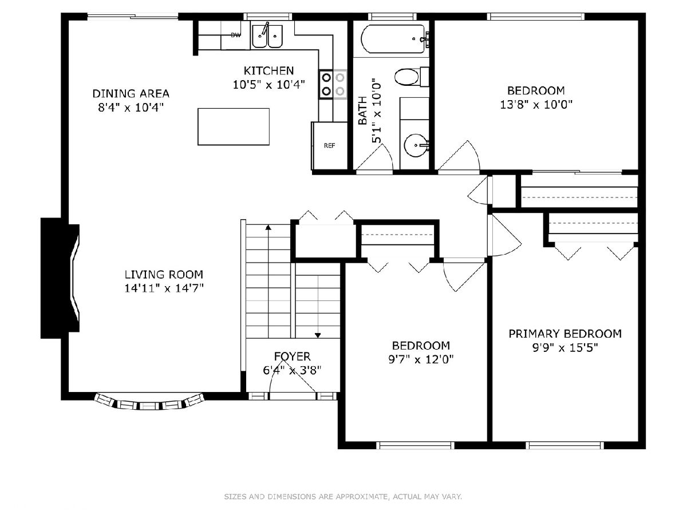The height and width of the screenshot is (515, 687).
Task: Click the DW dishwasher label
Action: click(236, 35)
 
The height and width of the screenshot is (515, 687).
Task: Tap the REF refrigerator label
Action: click(329, 146)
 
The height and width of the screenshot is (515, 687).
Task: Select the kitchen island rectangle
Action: click(234, 126)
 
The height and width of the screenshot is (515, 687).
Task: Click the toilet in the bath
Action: click(411, 77)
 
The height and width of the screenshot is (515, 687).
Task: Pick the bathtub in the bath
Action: click(394, 39)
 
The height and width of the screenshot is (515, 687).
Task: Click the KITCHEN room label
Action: click(269, 71)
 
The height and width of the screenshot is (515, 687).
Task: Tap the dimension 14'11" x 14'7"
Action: click(164, 288)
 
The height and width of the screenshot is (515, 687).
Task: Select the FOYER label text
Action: click(292, 356)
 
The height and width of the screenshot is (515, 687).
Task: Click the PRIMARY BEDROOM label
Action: click(565, 334)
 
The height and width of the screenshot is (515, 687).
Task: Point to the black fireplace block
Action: click(60, 278)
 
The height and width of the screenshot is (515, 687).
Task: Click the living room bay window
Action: click(149, 403)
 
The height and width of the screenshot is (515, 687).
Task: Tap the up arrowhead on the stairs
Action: click(269, 227)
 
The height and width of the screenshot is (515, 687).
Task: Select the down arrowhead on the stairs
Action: click(318, 335)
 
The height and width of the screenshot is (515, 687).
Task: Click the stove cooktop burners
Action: click(333, 84)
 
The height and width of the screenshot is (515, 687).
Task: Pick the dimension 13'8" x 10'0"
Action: click(536, 105)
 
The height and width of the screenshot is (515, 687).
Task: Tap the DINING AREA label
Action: click(131, 93)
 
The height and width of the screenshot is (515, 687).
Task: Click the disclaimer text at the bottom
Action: click(343, 497)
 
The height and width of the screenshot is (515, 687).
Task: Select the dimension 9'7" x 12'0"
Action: click(421, 359)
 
